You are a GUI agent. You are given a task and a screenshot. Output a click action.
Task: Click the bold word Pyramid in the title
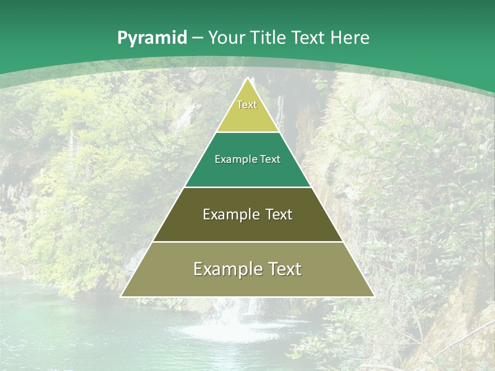152,38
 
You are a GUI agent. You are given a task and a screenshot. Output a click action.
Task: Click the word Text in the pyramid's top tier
247,105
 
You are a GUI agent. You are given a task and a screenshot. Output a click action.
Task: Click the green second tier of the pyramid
247,173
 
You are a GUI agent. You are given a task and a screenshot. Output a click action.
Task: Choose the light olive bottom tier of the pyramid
247,283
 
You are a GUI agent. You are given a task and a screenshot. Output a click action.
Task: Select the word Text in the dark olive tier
279,214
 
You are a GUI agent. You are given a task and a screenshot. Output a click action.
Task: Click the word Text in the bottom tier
285,269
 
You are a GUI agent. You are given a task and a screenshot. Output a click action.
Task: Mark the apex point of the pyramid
249,78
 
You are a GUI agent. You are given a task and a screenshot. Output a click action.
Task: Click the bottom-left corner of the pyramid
121,296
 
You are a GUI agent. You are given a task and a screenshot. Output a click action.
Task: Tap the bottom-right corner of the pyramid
374,296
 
